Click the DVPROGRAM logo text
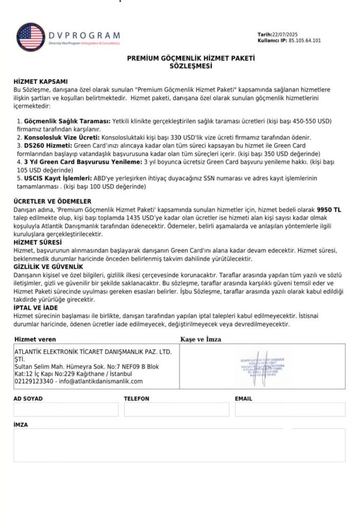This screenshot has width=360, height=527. (85, 35)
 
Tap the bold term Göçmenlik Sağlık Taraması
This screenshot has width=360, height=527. (64, 120)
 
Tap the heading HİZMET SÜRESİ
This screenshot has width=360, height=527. (38, 241)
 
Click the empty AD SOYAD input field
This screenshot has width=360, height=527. (66, 410)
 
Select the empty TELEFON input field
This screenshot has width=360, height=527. (176, 410)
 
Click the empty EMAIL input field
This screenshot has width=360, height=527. (290, 410)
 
